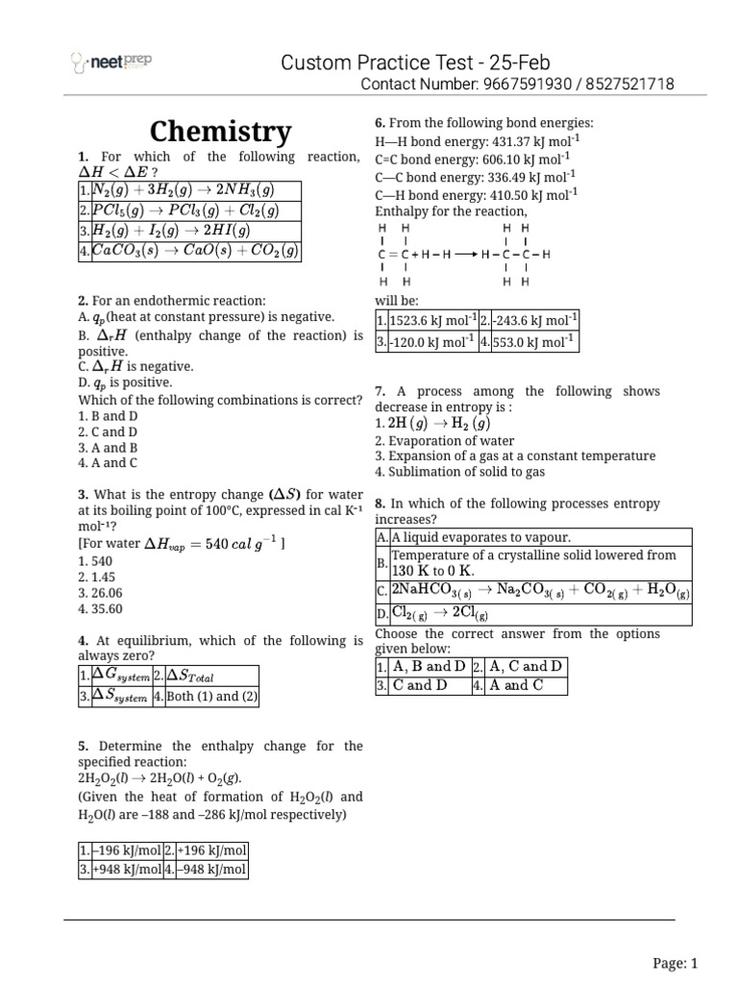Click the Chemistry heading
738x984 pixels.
point(220,132)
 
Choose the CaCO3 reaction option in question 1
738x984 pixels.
point(196,251)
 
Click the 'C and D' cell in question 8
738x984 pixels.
point(420,685)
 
